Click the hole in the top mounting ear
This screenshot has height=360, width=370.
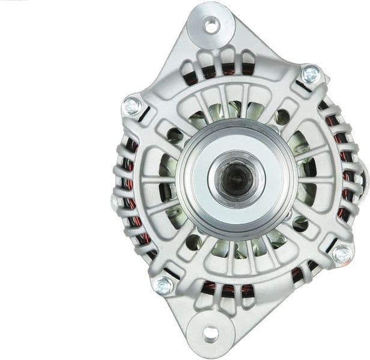tap(211, 25)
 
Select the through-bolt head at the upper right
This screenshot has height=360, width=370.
tap(310, 75)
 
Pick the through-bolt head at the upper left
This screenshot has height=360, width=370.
tap(132, 106)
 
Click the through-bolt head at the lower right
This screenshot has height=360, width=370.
tap(342, 254)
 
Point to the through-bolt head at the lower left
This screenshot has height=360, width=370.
tap(163, 285)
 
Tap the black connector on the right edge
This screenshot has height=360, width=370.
tap(365, 174)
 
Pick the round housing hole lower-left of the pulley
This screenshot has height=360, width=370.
tap(193, 242)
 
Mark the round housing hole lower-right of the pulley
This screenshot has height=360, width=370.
tap(300, 224)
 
